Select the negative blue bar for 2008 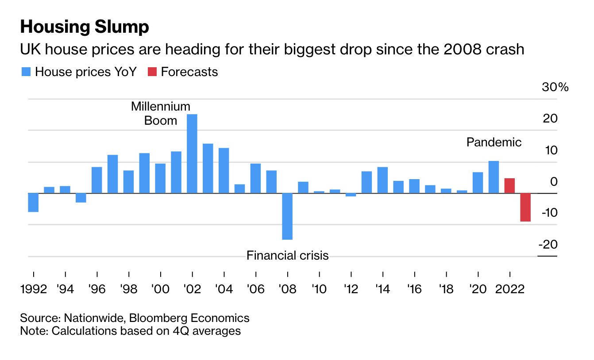point(287,216)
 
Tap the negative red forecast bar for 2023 point(525,207)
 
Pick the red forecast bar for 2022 point(509,186)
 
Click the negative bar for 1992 point(33,202)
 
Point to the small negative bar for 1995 point(81,198)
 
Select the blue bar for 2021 point(494,177)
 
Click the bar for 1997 point(113,174)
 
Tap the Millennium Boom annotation point(161,114)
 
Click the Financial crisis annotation point(287,255)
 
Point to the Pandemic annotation point(494,142)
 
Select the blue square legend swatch point(26,72)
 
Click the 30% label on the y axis point(555,87)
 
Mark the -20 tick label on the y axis point(548,244)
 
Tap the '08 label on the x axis point(287,289)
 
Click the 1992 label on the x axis point(34,289)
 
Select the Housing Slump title point(85,27)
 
